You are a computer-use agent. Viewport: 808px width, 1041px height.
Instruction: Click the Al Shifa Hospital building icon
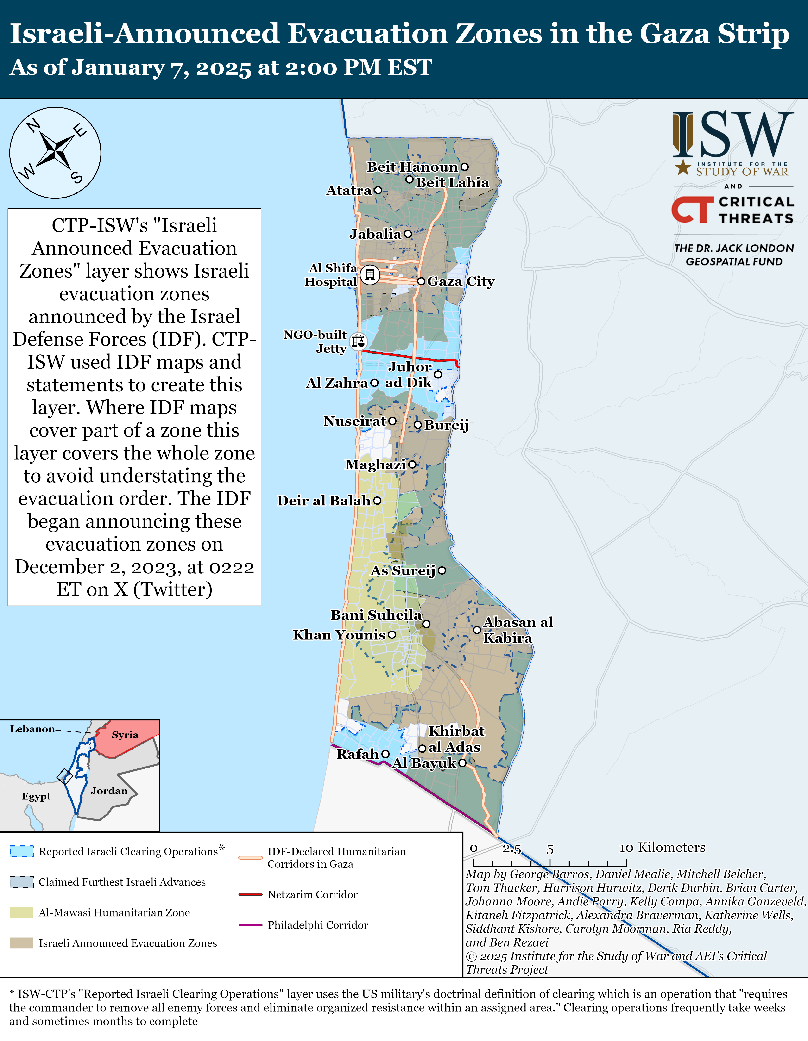pyautogui.click(x=370, y=275)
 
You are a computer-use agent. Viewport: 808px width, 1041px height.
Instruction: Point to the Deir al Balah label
pyautogui.click(x=324, y=501)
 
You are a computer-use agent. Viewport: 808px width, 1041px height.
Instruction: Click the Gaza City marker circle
pyautogui.click(x=421, y=281)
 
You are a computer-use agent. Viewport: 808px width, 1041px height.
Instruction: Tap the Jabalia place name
pyautogui.click(x=375, y=234)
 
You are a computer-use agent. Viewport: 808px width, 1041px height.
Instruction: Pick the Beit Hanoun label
pyautogui.click(x=412, y=167)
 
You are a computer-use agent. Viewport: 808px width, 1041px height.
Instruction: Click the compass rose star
pyautogui.click(x=55, y=153)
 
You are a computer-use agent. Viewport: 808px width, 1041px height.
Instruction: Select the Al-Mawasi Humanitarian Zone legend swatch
pyautogui.click(x=21, y=912)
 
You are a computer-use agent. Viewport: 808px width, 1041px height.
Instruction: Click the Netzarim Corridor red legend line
pyautogui.click(x=250, y=894)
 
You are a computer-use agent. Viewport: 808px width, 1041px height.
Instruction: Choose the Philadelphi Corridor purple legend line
pyautogui.click(x=250, y=925)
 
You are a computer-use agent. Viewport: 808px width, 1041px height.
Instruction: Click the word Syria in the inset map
pyautogui.click(x=125, y=735)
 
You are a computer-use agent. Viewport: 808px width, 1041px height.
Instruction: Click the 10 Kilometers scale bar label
pyautogui.click(x=662, y=848)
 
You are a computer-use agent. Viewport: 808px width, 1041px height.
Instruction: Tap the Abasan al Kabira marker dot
pyautogui.click(x=476, y=630)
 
